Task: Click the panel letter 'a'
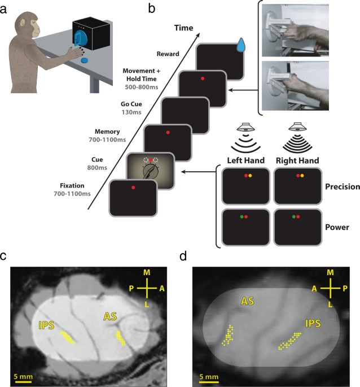tap(5, 7)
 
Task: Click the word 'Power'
tap(341, 227)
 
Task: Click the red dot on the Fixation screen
tap(133, 187)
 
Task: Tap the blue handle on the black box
tap(82, 44)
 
